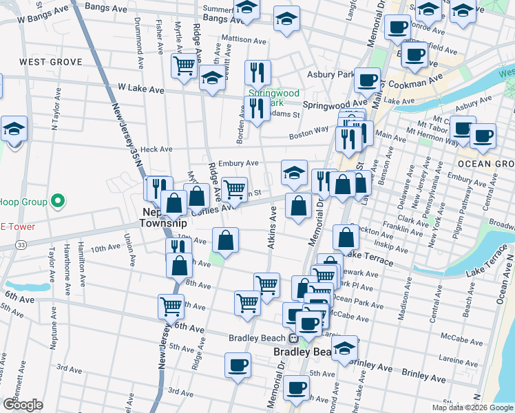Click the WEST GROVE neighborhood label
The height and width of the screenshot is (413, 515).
pos(50,62)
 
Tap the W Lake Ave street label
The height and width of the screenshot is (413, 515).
pos(141,89)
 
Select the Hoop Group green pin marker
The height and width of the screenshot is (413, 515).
pos(59,202)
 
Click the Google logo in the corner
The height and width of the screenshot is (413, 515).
pos(23,405)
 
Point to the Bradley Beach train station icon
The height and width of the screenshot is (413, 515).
pos(293,338)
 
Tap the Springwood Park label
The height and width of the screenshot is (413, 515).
pos(273,96)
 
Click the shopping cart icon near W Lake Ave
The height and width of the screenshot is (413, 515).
pos(184,66)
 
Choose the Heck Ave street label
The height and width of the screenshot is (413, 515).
pos(156,149)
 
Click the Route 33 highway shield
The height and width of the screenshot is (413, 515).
pos(22,244)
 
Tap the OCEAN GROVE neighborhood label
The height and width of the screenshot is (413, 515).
pos(485,164)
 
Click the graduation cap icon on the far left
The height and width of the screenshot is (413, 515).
pos(14,129)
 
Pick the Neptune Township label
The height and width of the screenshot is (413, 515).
pos(164,218)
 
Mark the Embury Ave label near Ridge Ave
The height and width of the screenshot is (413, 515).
pos(240,163)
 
